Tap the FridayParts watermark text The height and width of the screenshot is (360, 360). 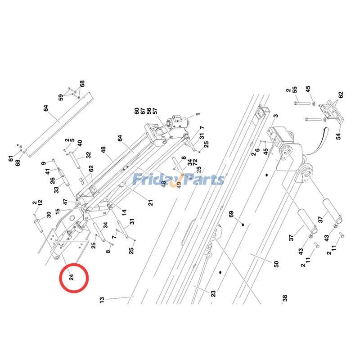[178, 180]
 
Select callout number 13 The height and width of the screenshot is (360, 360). [102, 299]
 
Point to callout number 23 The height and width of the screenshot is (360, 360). [213, 293]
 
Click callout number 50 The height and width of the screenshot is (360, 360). [276, 264]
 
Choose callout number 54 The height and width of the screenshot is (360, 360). [338, 135]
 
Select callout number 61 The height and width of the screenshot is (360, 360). [11, 158]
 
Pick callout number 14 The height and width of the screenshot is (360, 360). [124, 211]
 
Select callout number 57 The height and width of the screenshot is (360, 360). [154, 111]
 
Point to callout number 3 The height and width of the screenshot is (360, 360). [274, 116]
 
